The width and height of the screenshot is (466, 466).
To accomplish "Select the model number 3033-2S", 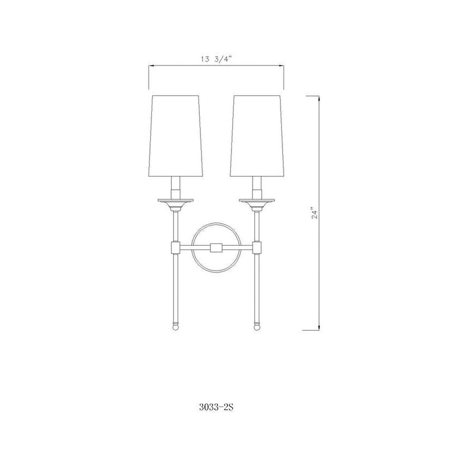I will click(x=216, y=408).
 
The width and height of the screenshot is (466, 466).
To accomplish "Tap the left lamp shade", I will click(x=175, y=135).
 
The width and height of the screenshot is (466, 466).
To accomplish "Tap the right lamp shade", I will click(x=257, y=135).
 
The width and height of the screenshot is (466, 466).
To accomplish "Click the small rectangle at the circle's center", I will click(x=216, y=248).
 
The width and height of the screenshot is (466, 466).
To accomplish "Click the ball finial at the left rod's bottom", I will click(x=175, y=327).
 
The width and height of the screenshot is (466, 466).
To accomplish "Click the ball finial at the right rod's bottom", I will click(x=257, y=327).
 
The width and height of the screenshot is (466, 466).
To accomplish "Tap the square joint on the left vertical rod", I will click(x=175, y=248).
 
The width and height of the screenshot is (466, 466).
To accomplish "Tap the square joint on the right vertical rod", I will click(x=257, y=248).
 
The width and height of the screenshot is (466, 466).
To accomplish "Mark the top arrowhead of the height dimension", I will click(x=319, y=98).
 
